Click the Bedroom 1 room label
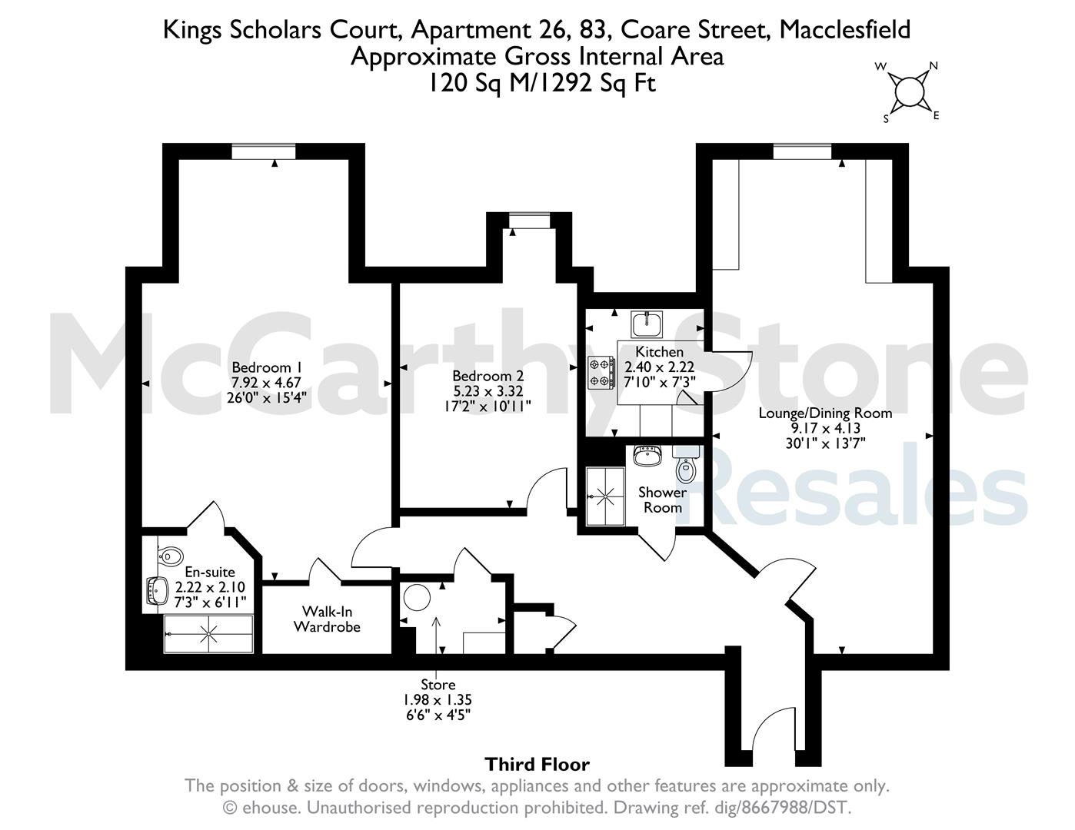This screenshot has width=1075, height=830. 267,368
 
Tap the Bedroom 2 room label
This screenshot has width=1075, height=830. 488,377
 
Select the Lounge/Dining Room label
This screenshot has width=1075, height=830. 825,413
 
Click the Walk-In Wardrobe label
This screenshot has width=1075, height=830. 327,619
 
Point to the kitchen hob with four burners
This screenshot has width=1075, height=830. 601,373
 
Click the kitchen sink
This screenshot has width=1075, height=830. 647,324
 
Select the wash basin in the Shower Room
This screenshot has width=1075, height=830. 647,455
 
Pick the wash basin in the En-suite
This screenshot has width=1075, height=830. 158,590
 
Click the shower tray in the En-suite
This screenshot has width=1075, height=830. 208,634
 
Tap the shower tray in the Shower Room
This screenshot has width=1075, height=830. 605,496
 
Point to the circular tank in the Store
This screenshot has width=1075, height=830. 417,597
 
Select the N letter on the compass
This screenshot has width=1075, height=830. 934,66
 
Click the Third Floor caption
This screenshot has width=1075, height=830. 537,764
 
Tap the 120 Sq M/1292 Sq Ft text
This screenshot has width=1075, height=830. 541,82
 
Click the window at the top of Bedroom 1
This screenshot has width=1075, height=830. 264,151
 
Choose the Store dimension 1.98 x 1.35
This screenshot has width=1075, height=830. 438,700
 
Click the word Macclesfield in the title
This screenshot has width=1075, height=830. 845,29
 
